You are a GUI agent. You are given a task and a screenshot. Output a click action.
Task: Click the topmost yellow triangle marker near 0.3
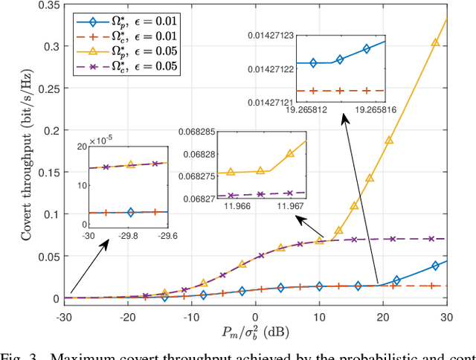(x=435, y=43)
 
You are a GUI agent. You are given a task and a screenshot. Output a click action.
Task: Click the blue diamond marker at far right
(x=435, y=266)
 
